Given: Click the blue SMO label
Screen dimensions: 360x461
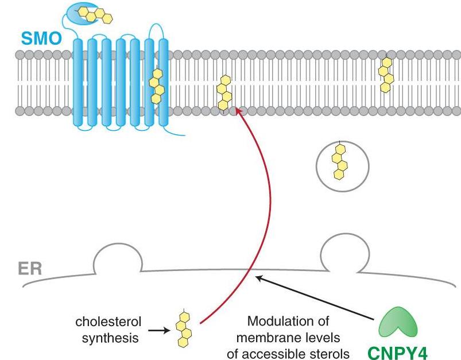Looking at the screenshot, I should [42, 39].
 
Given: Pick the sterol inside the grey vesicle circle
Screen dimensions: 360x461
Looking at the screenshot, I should [340, 162].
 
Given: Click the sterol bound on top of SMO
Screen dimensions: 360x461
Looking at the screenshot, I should [95, 14].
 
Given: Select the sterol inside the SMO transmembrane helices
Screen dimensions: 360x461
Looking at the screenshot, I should [156, 86].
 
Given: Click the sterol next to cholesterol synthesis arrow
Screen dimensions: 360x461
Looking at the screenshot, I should [184, 330].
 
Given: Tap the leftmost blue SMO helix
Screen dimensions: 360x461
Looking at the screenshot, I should [79, 81].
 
